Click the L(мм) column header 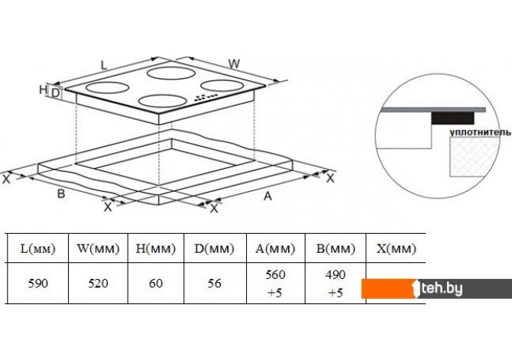coord(38,248)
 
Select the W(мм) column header coord(98,248)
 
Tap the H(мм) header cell coord(156,248)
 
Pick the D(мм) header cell coord(214,248)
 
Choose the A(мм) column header coord(275,248)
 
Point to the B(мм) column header coord(335,248)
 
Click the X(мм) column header coord(396,248)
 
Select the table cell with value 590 coord(38,284)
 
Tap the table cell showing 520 coord(98,284)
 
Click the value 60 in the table coord(156,284)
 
